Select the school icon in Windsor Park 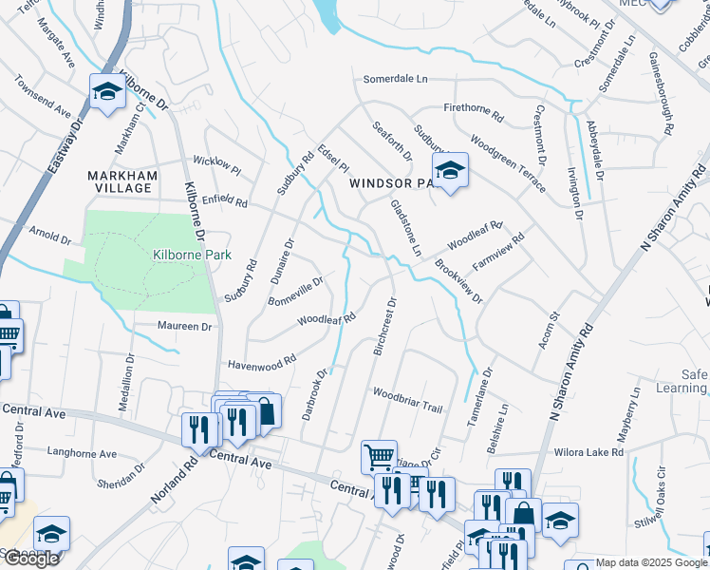coord(451,171)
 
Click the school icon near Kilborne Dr coord(108,92)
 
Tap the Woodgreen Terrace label coord(508,161)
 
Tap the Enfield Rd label coord(225,201)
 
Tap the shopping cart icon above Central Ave coord(379,456)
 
